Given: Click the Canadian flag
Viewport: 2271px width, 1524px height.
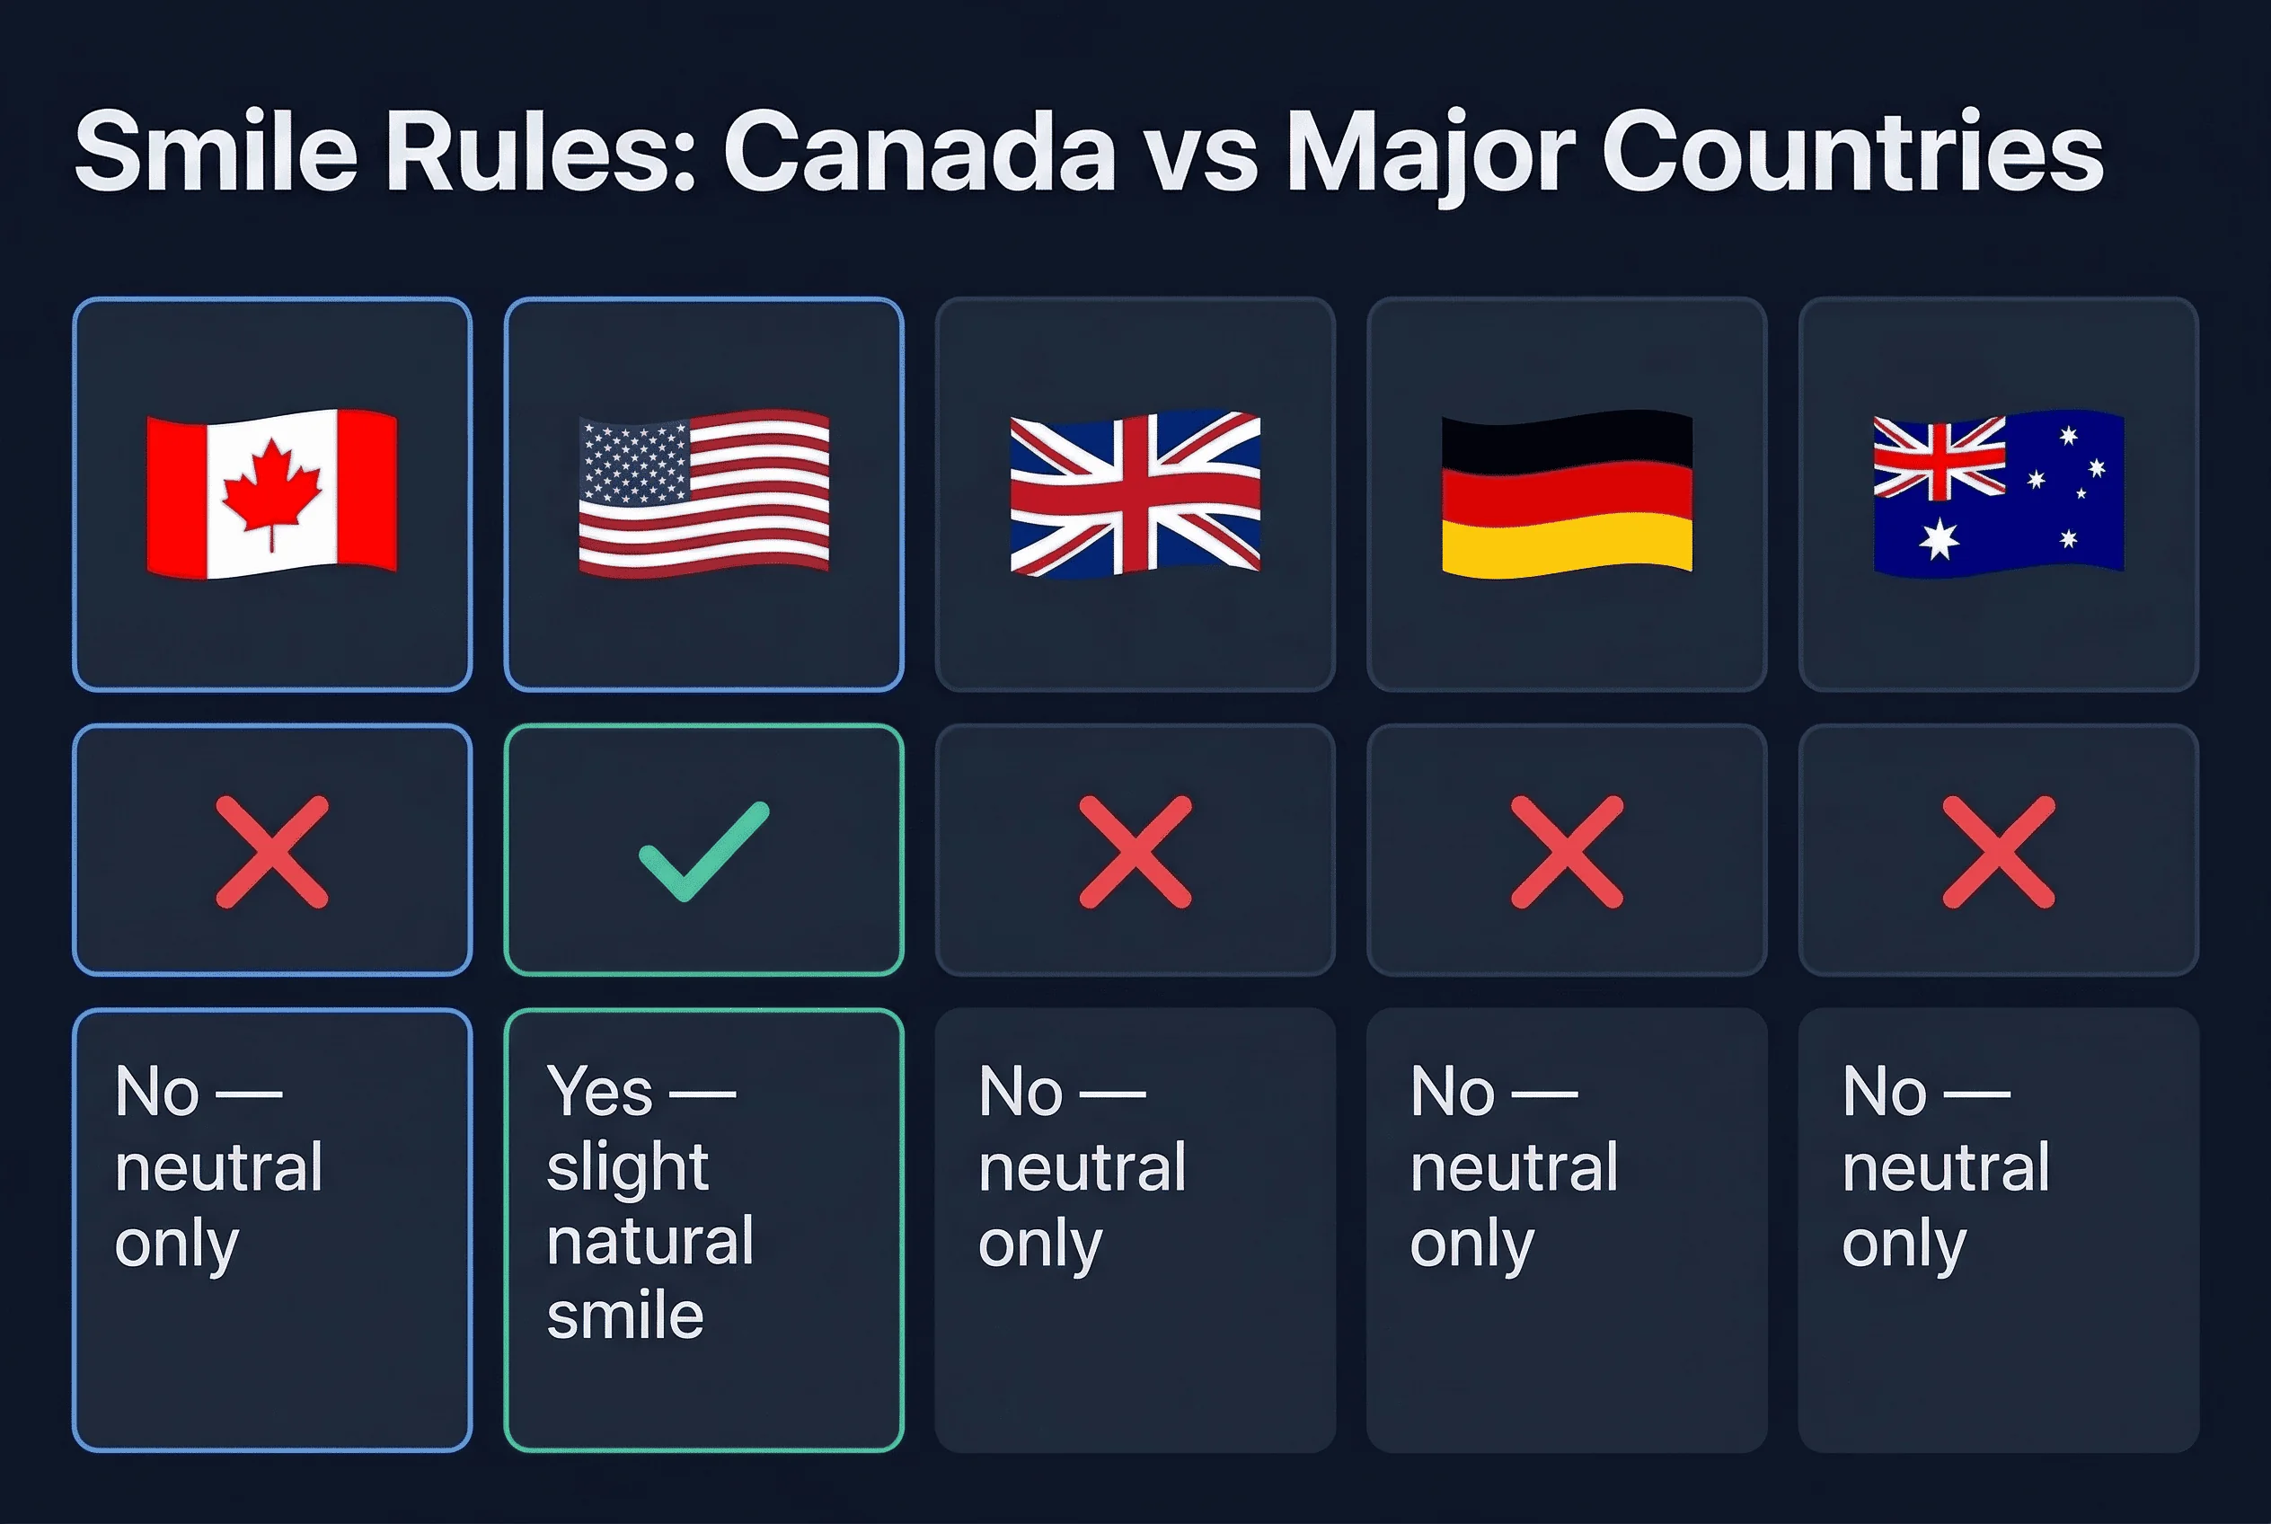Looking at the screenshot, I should (x=272, y=493).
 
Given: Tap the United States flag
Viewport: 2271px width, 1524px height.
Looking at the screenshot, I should (x=703, y=493).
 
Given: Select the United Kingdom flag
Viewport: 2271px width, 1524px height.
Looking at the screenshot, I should (x=1135, y=493).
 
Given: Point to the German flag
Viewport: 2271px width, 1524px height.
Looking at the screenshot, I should (x=1567, y=493).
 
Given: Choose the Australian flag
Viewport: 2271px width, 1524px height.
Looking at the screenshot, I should (x=1998, y=493).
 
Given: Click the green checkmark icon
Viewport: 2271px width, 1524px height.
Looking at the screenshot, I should (x=703, y=852).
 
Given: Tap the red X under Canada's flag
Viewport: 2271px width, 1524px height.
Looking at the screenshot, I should (x=272, y=852).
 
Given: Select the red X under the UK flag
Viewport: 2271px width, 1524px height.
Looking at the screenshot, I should (x=1135, y=852).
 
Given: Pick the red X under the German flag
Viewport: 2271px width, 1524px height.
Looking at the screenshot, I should (x=1567, y=852).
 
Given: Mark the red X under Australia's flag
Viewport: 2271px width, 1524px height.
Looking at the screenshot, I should (x=1998, y=852).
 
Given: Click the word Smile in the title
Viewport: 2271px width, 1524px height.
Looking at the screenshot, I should (x=216, y=153).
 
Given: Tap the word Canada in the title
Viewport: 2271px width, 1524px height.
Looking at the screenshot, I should (x=918, y=153).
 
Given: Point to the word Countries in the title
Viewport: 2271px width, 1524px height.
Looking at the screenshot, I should (x=1851, y=153).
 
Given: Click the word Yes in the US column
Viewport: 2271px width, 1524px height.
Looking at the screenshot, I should (x=598, y=1092).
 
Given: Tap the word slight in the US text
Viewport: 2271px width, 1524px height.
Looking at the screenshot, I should (x=627, y=1167).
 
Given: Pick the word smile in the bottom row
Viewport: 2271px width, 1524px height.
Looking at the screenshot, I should (x=625, y=1316).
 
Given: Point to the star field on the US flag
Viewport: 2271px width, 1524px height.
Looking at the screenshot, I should (x=633, y=463).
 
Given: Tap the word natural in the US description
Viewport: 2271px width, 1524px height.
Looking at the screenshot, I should (x=649, y=1241).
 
